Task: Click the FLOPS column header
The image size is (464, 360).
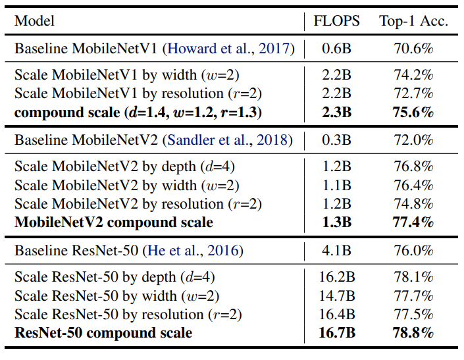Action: click(336, 21)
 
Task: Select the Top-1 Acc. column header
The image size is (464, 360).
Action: click(413, 21)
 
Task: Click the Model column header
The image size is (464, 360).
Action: click(35, 21)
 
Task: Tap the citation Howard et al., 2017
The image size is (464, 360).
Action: click(230, 48)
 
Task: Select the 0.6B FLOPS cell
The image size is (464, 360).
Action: click(336, 48)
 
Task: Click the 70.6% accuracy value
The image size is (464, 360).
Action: click(414, 48)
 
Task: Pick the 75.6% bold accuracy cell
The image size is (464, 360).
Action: click(414, 113)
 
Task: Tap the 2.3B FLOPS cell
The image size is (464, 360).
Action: click(336, 113)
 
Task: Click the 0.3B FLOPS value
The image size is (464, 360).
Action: click(336, 140)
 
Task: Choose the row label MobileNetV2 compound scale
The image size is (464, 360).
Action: click(114, 222)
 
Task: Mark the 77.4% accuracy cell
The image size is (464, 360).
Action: click(414, 222)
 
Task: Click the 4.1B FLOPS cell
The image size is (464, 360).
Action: click(336, 251)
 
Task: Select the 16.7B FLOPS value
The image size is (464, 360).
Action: click(336, 333)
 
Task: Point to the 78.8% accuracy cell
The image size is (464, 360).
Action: click(414, 333)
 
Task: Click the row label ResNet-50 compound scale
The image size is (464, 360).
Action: click(103, 333)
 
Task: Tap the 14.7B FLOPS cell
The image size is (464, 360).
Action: click(336, 296)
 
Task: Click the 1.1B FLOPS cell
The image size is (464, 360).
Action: click(336, 186)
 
